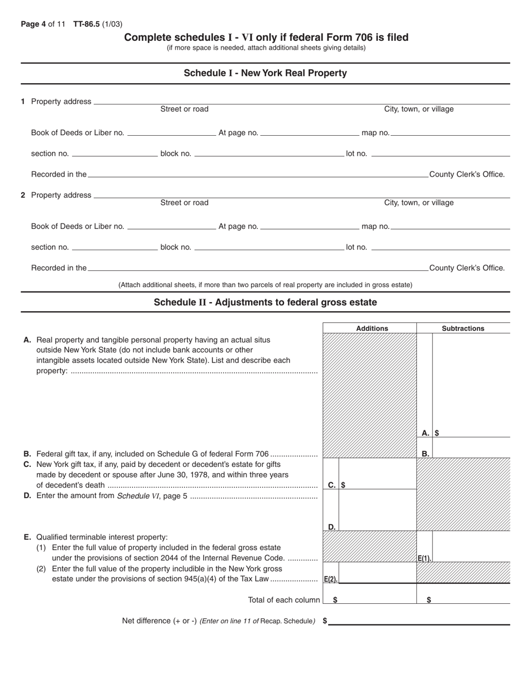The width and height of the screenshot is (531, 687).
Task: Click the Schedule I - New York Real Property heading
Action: tap(265, 73)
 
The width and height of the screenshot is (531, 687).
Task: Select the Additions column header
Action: tap(372, 328)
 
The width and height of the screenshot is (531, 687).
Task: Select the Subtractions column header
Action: tap(463, 328)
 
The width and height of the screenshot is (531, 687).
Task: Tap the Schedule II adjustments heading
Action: tap(265, 302)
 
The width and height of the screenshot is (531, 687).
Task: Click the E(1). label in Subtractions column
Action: tap(424, 558)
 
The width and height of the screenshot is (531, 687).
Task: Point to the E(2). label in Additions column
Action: tap(330, 579)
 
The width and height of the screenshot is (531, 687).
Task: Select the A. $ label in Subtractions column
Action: tap(429, 433)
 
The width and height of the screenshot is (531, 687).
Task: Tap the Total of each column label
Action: tap(284, 600)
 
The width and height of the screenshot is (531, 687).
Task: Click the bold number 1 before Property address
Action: tap(23, 102)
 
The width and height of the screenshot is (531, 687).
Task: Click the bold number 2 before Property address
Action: tap(23, 195)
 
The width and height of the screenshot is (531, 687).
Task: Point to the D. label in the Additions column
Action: tap(331, 527)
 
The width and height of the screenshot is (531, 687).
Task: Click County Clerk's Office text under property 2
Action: tap(467, 268)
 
